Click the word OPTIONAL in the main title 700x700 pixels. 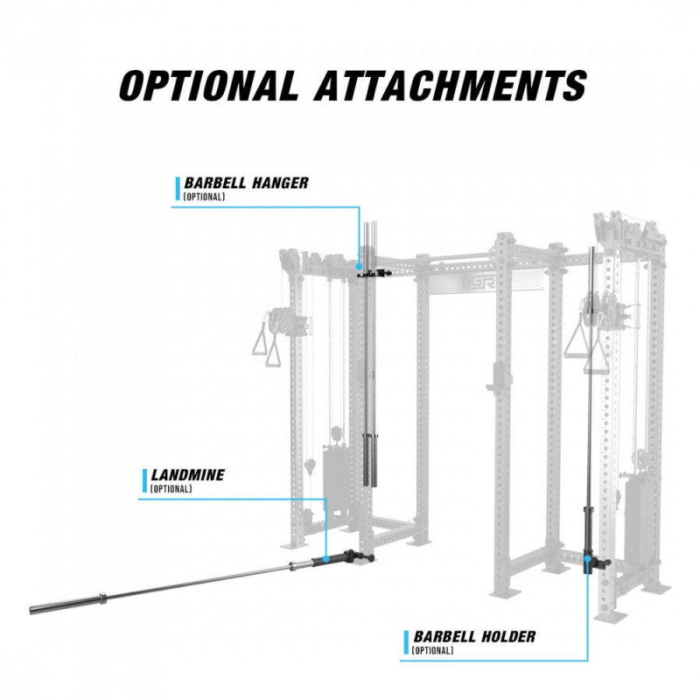(x=208, y=86)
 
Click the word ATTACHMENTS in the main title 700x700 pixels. (x=450, y=86)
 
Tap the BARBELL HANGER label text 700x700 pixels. (x=246, y=183)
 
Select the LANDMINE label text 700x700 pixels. (x=187, y=475)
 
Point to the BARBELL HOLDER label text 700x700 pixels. (x=474, y=636)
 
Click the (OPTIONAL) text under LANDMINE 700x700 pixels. (x=171, y=489)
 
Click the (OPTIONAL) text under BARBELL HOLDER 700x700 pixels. (x=433, y=650)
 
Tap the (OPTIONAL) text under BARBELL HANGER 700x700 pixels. (x=205, y=197)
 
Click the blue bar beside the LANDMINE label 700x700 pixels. (x=144, y=481)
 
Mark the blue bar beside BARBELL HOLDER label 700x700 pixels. (x=406, y=642)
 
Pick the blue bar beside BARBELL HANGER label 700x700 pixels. (x=177, y=188)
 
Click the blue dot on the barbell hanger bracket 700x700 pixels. (x=359, y=267)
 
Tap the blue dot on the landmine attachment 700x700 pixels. (x=326, y=558)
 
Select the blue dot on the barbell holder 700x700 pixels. (x=587, y=557)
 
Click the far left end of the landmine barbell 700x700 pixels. (x=31, y=610)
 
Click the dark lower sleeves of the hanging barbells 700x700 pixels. (x=370, y=460)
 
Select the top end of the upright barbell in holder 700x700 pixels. (x=593, y=248)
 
